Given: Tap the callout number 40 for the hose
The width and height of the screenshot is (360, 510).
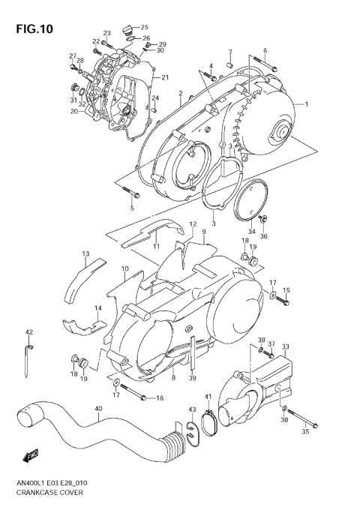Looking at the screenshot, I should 98,409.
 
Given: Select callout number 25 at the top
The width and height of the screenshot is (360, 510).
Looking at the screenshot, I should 145,27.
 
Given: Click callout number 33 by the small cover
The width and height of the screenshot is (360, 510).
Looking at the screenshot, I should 286,346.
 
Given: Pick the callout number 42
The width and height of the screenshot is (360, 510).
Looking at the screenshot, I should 29,332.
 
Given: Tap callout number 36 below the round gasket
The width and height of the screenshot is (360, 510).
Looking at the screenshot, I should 263,236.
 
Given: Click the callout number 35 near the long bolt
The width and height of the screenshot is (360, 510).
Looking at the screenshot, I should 305,433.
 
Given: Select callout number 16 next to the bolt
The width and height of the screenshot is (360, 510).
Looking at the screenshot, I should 159,398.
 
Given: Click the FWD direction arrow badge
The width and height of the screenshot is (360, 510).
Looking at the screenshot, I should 31,455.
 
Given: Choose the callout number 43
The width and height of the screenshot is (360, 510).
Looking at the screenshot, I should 192,408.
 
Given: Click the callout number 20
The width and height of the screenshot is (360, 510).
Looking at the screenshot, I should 74,112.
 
